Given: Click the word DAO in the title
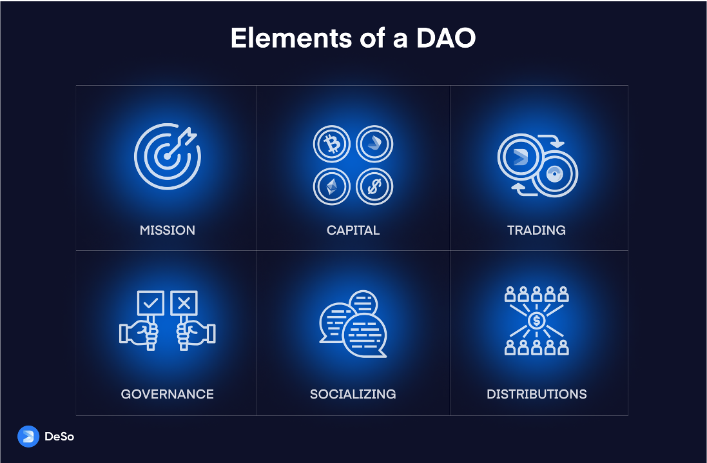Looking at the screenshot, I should tap(446, 39).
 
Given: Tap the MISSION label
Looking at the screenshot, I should tap(168, 230).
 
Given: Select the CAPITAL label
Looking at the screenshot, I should tap(353, 230).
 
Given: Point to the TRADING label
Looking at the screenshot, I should tap(536, 230).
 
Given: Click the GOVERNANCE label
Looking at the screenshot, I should tap(168, 394).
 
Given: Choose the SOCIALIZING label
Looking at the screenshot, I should tap(353, 394).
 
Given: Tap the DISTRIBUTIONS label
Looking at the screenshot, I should tap(537, 394).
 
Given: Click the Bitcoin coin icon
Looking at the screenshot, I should tap(332, 144).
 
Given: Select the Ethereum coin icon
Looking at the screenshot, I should tap(332, 187).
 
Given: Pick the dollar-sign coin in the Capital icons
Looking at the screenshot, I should tap(374, 187).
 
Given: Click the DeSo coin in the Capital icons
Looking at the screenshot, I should tap(374, 144).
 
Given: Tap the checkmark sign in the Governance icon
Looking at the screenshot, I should tap(151, 303).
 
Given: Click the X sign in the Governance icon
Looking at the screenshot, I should tap(184, 303).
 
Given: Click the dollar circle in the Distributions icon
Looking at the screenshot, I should tap(537, 320).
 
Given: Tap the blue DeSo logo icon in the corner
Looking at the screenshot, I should tap(28, 437).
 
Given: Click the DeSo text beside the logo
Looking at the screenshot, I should tap(59, 437).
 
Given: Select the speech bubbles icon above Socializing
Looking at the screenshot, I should tap(353, 322).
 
